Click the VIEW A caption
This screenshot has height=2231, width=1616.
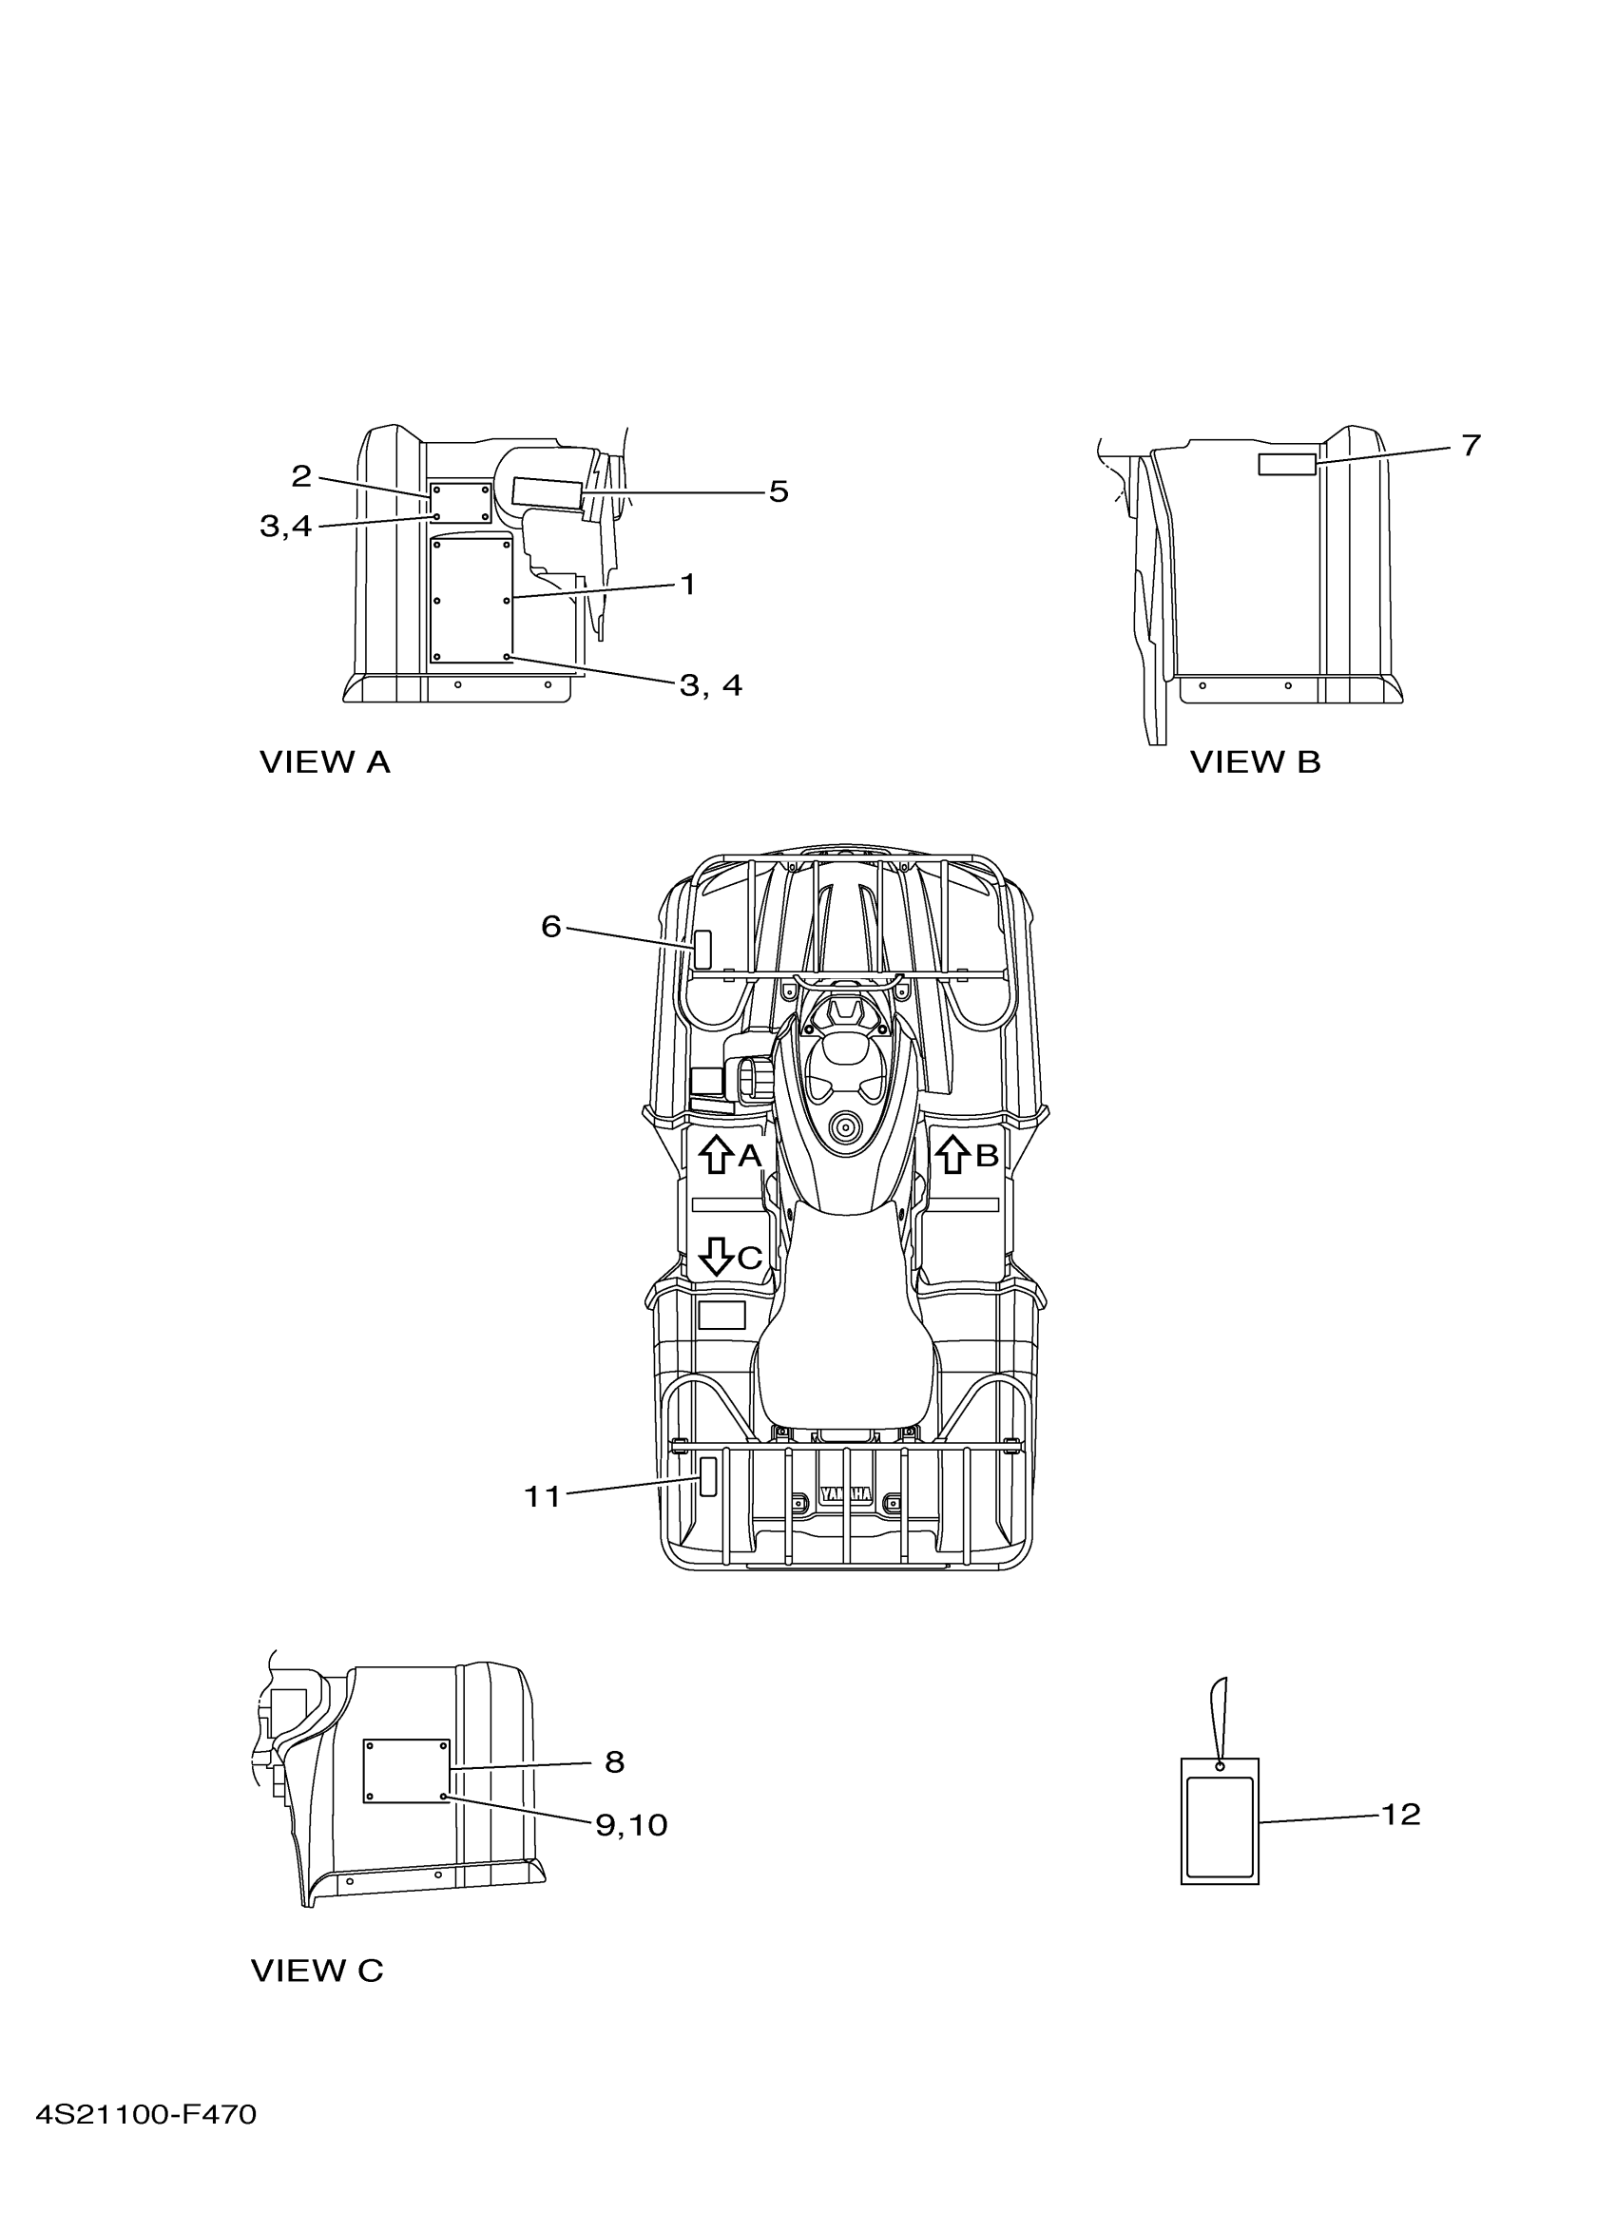(324, 762)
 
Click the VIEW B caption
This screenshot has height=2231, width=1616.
(1255, 762)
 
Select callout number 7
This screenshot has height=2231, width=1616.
(1471, 446)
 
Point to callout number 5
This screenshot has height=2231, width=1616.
(778, 490)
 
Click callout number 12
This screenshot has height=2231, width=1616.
(1400, 1814)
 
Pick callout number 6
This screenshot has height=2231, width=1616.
(550, 926)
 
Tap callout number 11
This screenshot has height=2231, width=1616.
(542, 1496)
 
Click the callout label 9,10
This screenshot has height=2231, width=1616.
(631, 1825)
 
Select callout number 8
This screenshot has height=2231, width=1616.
(615, 1761)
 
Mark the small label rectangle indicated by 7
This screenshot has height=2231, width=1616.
(1286, 464)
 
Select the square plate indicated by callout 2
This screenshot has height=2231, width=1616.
(460, 503)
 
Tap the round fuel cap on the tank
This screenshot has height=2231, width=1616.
(843, 1128)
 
